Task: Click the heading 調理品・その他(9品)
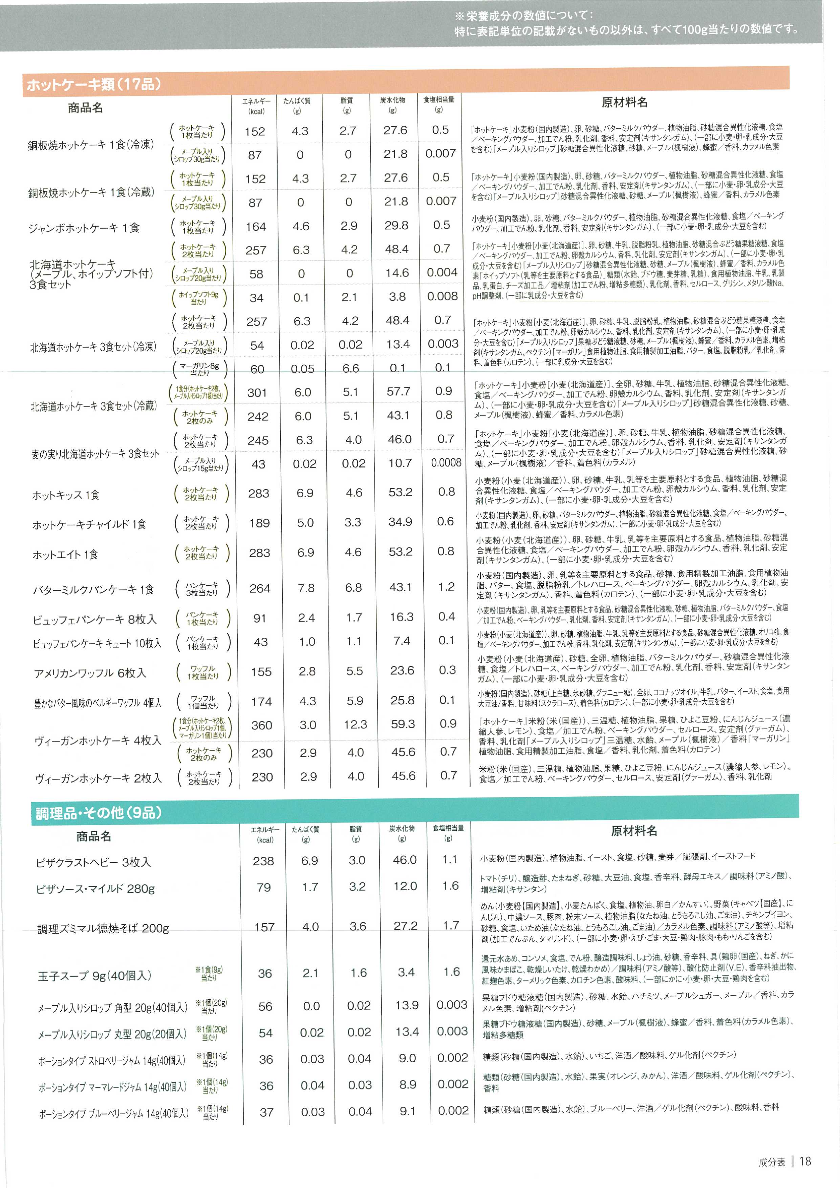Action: pos(98,813)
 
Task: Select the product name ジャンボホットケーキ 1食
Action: pos(84,228)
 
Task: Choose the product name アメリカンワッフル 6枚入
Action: pos(90,673)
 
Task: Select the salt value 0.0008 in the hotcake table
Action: pos(446,463)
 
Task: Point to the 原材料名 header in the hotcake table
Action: pos(624,102)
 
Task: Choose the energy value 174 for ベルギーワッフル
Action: pos(261,702)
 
